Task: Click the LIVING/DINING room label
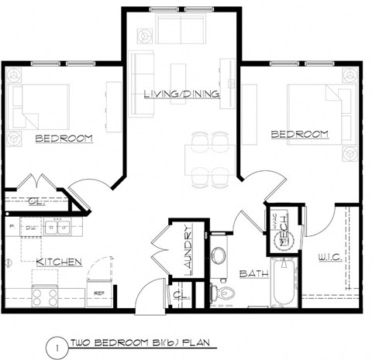pyautogui.click(x=181, y=94)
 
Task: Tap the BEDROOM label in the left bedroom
pyautogui.click(x=64, y=139)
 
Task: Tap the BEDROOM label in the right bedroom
pyautogui.click(x=299, y=134)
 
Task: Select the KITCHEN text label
pyautogui.click(x=59, y=262)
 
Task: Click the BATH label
pyautogui.click(x=253, y=273)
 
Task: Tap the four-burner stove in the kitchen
pyautogui.click(x=45, y=296)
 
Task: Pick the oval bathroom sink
pyautogui.click(x=218, y=255)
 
